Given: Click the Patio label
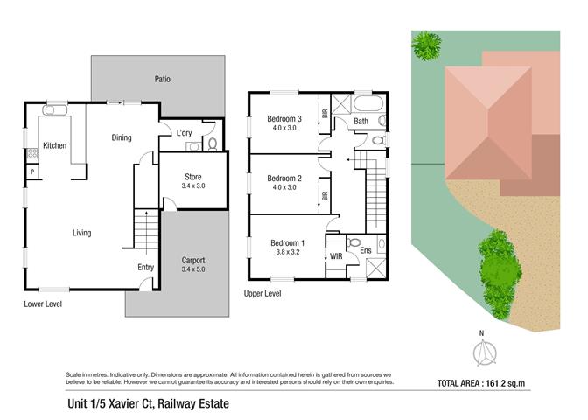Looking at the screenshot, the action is tap(163, 79).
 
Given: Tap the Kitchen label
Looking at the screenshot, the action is tap(55, 145).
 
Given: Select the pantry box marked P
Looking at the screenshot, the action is tap(32, 171).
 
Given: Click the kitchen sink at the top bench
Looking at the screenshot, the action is tap(55, 110).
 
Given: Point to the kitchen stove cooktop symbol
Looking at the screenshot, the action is tap(32, 153).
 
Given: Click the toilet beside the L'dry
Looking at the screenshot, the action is tap(213, 144).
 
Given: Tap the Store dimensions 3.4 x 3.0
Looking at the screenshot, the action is tap(193, 186).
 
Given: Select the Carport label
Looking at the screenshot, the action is tap(193, 260).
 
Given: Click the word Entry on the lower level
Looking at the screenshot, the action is tap(145, 268).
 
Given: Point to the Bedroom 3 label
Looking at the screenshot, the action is tap(284, 119).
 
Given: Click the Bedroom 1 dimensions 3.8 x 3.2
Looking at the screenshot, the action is tap(288, 252).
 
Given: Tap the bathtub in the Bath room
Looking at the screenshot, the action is tap(368, 103).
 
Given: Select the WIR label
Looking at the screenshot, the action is tap(336, 256).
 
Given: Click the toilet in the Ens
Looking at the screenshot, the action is tap(353, 242).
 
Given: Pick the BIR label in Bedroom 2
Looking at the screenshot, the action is tap(325, 196).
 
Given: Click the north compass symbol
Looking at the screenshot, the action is tap(485, 353).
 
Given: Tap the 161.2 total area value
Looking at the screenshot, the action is tap(496, 383).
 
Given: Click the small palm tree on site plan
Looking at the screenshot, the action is tap(426, 45).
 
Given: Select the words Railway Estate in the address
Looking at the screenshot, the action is tap(193, 404).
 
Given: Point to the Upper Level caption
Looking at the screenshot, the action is tap(262, 294).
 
